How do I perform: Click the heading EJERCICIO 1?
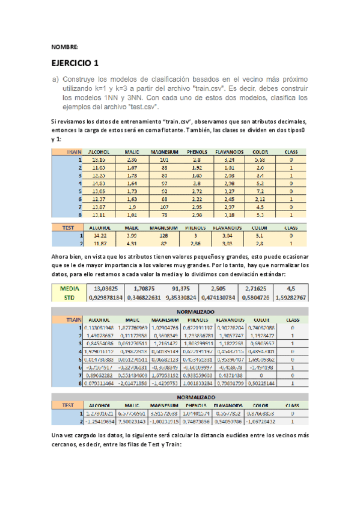pos(75,62)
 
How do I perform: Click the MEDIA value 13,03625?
pos(108,287)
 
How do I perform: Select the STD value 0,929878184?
pos(108,296)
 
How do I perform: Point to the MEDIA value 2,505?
pos(221,287)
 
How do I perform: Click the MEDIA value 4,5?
pos(291,287)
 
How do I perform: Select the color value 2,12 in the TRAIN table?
pos(260,198)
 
